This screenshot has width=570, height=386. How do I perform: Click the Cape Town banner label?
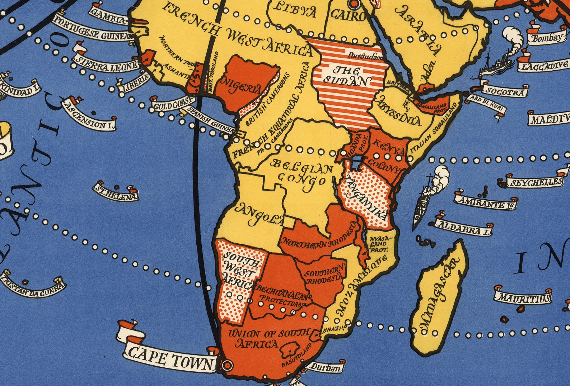pos(170,357)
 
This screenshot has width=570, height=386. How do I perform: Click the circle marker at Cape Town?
pos(227,366)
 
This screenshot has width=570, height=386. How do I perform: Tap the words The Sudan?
pos(346,76)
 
